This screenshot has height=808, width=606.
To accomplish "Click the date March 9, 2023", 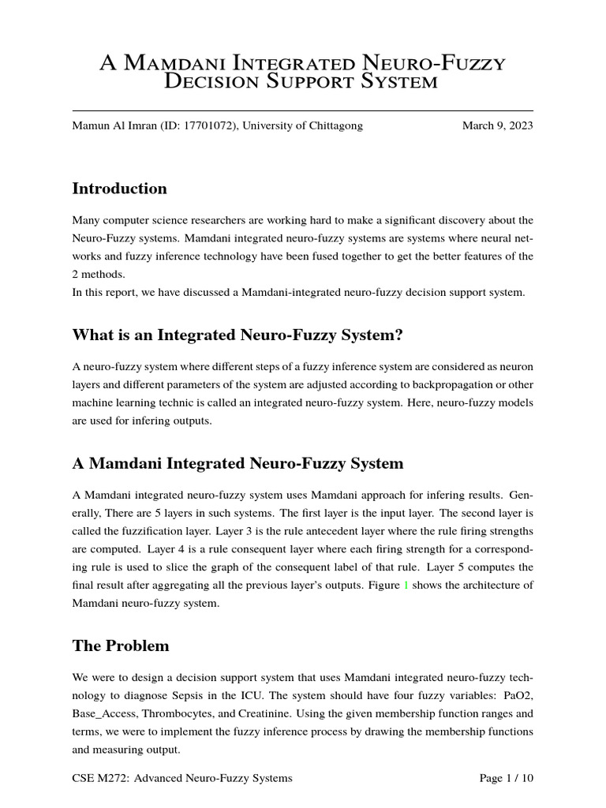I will [x=497, y=125].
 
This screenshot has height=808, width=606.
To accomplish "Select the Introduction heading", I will [x=119, y=189].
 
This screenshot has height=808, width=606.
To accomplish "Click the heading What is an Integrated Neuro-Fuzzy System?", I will [x=238, y=335].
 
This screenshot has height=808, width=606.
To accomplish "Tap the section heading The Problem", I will [x=121, y=645].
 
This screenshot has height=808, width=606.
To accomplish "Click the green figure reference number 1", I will [x=407, y=585].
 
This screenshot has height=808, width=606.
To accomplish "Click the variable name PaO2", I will [x=517, y=697].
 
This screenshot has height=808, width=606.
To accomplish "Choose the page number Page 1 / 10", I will [x=506, y=778].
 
